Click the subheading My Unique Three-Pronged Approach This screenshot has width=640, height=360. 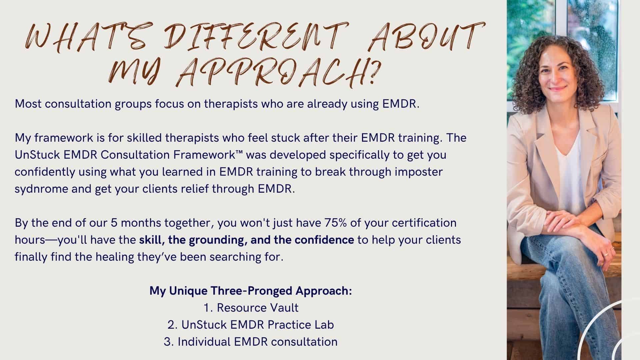(251, 291)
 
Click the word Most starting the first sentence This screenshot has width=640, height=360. (28, 104)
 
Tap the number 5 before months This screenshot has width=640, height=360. (114, 223)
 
